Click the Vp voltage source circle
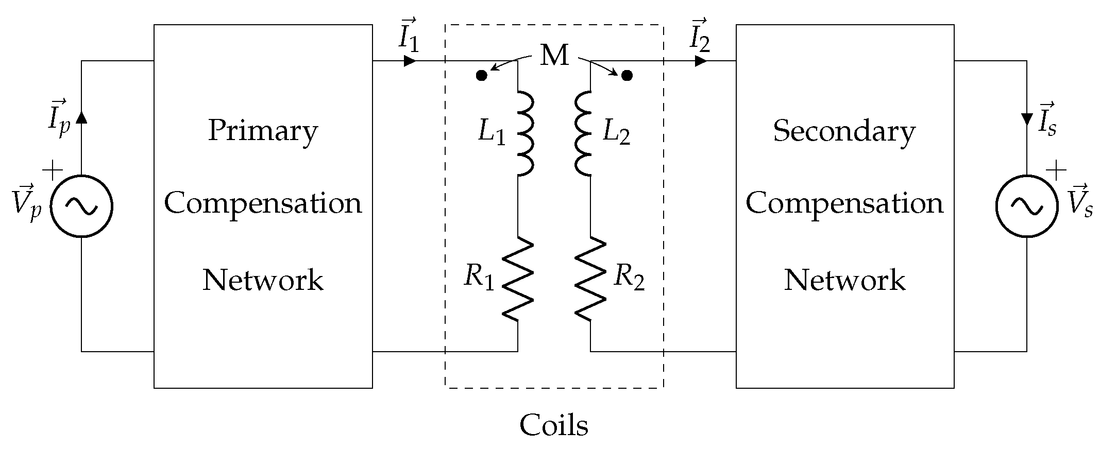pyautogui.click(x=81, y=206)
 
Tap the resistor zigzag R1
pyautogui.click(x=518, y=279)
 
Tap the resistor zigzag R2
pyautogui.click(x=590, y=279)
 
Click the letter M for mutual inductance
pyautogui.click(x=554, y=56)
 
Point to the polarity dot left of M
pyautogui.click(x=481, y=76)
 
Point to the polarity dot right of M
pyautogui.click(x=627, y=76)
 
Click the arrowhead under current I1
pyautogui.click(x=410, y=61)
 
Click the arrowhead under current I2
pyautogui.click(x=700, y=61)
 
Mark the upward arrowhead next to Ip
pyautogui.click(x=81, y=117)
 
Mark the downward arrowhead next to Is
pyautogui.click(x=1026, y=119)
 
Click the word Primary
pyautogui.click(x=263, y=131)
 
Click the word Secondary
pyautogui.click(x=844, y=131)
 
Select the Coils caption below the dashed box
pyautogui.click(x=554, y=425)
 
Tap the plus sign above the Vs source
pyautogui.click(x=1056, y=170)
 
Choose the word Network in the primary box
pyautogui.click(x=263, y=280)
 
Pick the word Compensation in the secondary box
pyautogui.click(x=844, y=203)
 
